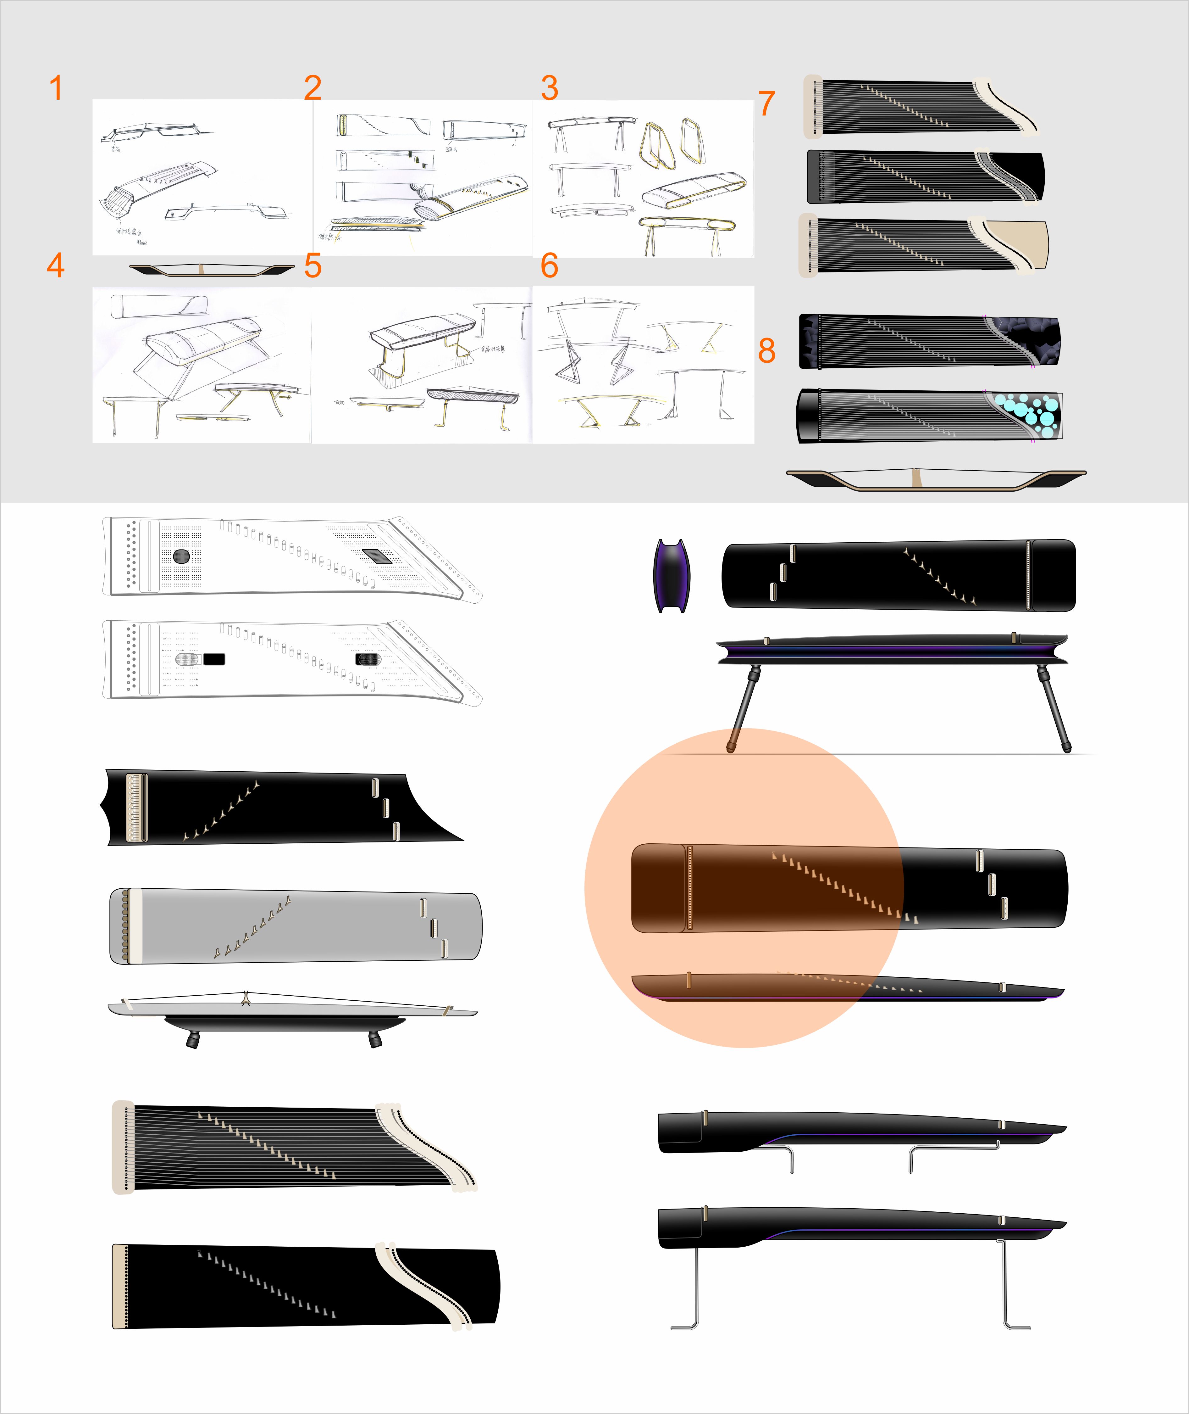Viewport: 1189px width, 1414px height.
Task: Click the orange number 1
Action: (x=56, y=88)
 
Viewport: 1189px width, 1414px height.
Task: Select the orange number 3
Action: (x=549, y=88)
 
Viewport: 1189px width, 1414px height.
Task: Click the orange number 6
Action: (x=549, y=266)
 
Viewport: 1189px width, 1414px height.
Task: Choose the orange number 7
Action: (x=766, y=104)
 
